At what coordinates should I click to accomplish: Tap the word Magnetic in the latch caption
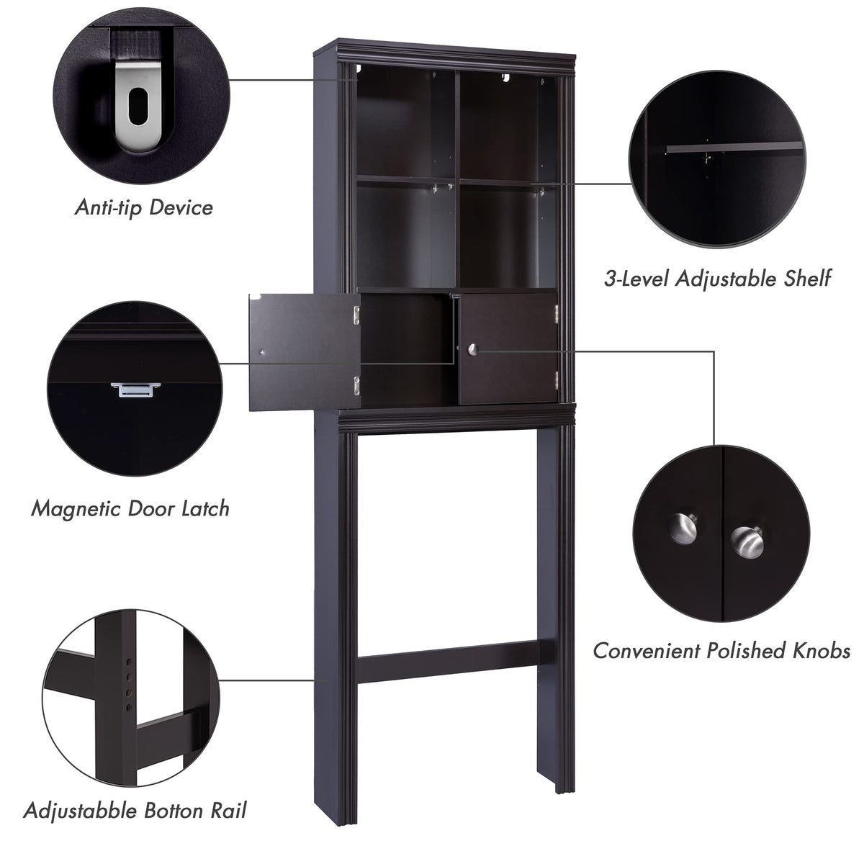click(x=76, y=509)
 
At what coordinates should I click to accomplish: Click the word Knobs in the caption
click(x=822, y=651)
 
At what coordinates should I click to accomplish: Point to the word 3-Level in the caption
click(x=636, y=279)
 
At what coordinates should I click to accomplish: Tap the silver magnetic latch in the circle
click(x=136, y=390)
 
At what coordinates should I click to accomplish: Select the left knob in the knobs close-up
click(x=683, y=529)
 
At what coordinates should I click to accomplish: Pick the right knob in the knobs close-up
click(x=747, y=542)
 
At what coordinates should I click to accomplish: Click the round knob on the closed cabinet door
click(x=472, y=349)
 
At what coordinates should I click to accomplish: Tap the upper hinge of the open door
click(x=356, y=315)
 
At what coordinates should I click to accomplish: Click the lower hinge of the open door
click(x=356, y=386)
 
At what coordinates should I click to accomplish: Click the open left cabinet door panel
click(x=305, y=352)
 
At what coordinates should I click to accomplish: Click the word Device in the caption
click(x=181, y=207)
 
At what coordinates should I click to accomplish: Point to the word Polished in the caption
click(x=746, y=651)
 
